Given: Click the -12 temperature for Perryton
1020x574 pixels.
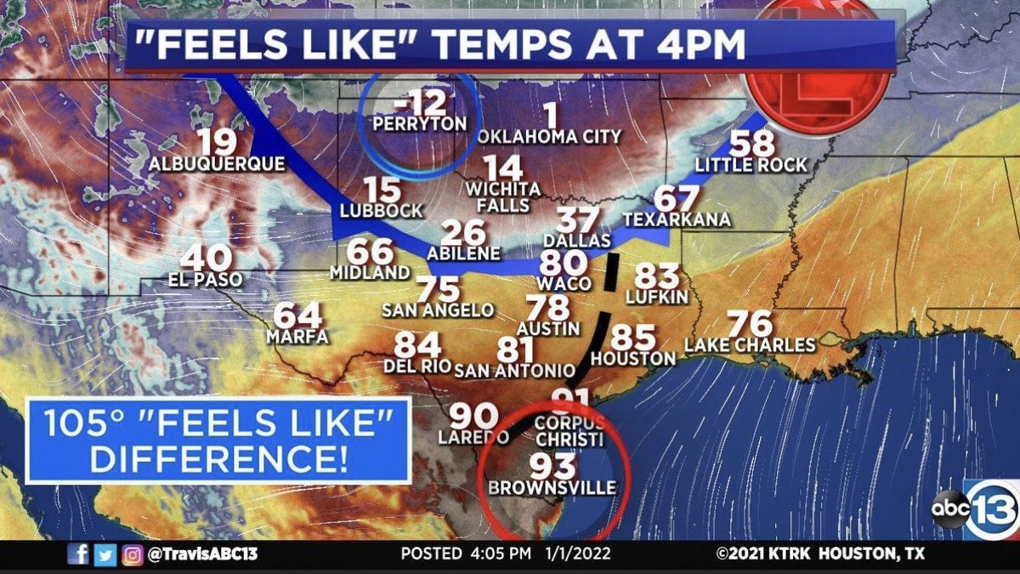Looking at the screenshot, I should point(419,104).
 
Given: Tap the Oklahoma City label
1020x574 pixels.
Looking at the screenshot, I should point(549,136).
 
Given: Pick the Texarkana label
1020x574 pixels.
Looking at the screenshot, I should point(677,219).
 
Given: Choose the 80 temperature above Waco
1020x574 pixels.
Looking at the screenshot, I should point(564,264).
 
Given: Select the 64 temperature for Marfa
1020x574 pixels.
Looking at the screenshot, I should point(297,315).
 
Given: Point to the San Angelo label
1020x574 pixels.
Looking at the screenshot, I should point(438,310).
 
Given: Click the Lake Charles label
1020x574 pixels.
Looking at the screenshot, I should point(750,345).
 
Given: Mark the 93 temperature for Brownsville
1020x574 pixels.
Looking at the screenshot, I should point(552,465).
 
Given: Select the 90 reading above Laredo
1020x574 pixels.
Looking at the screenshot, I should point(473,416).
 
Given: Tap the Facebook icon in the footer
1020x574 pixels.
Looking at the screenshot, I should point(77,554).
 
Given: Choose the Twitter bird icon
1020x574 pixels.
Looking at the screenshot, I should point(105,554).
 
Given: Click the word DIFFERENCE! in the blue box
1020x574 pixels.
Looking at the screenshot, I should point(218,459).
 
